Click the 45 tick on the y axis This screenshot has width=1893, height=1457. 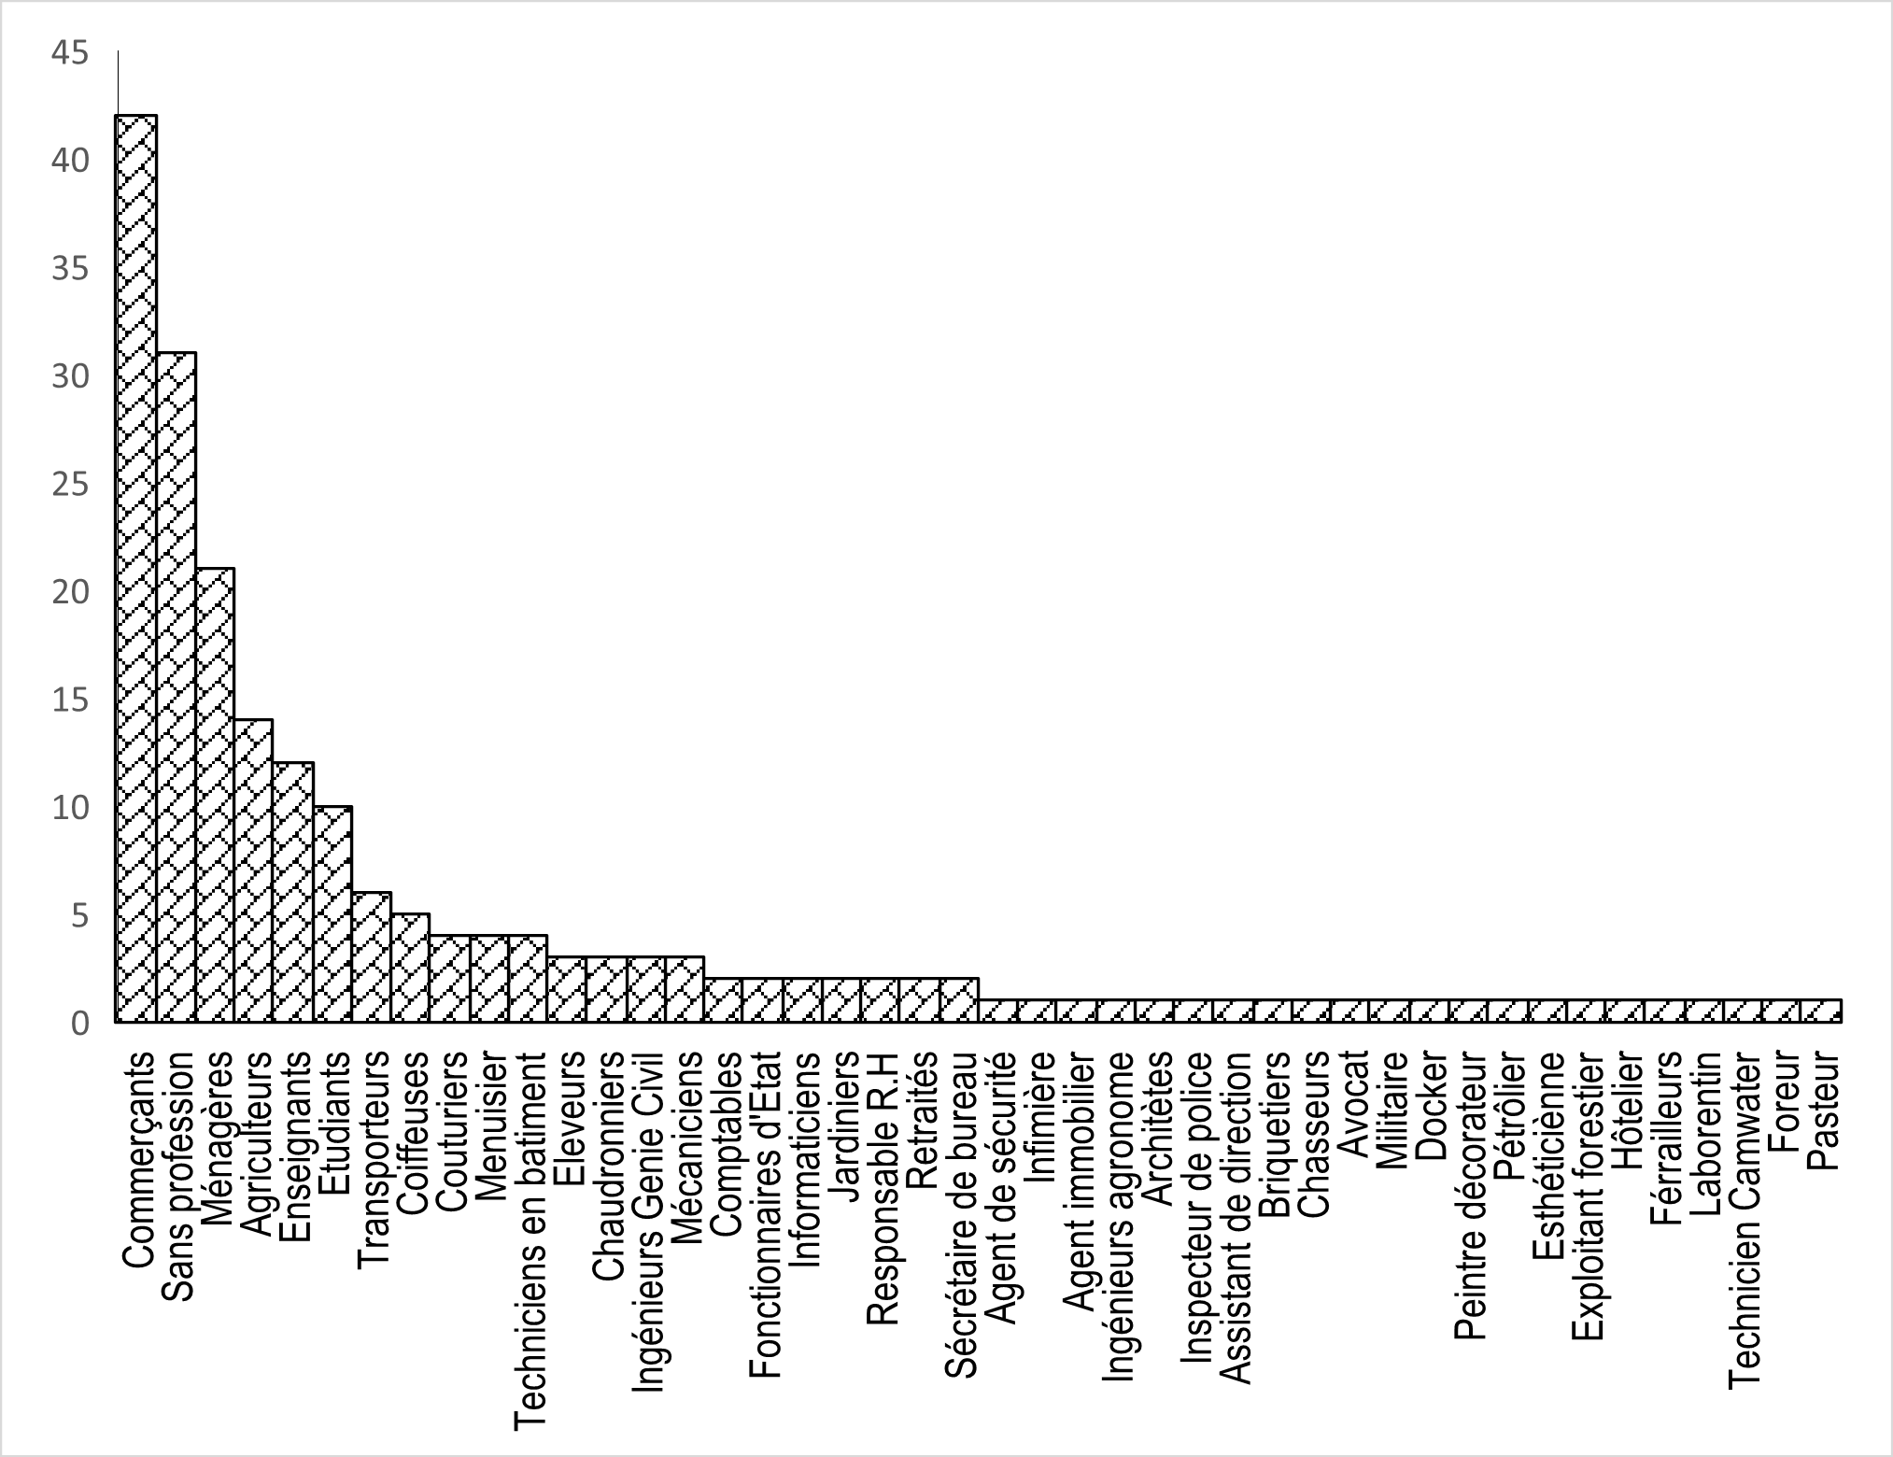pyautogui.click(x=71, y=54)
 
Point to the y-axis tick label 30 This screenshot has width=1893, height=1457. pyautogui.click(x=71, y=377)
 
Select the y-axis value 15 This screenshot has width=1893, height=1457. pyautogui.click(x=71, y=700)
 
